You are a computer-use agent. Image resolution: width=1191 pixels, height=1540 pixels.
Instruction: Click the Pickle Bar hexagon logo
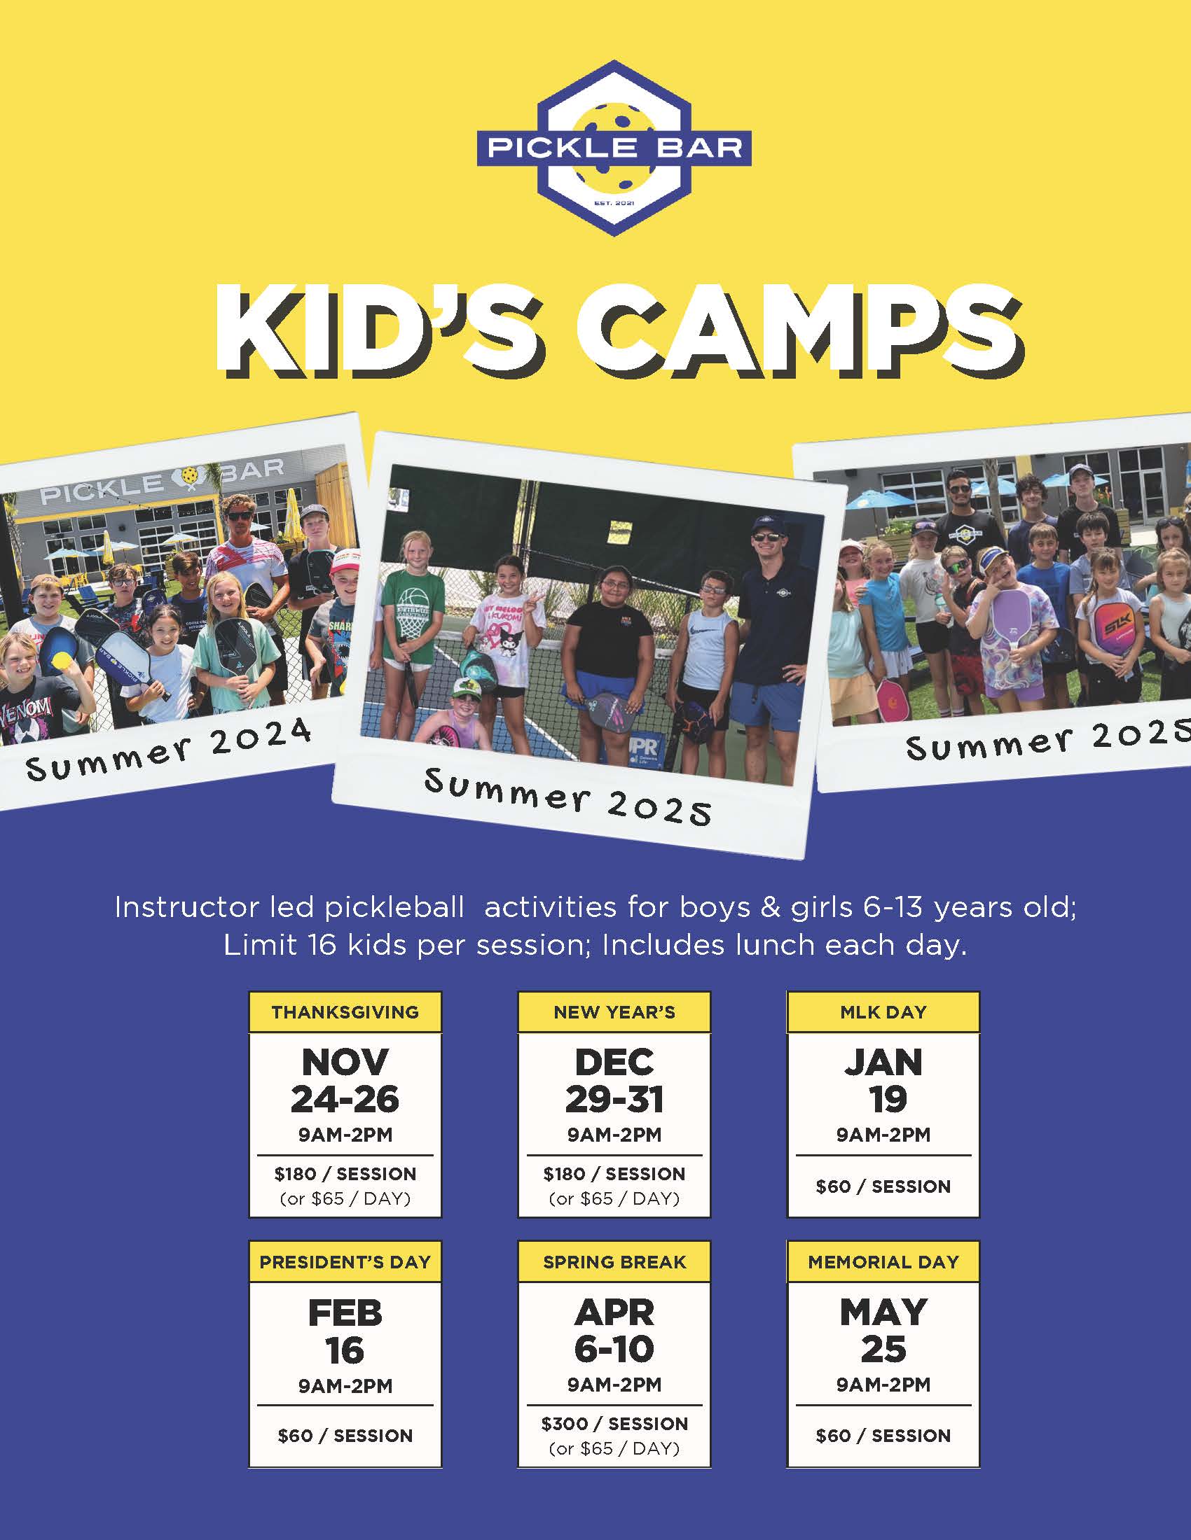click(x=614, y=148)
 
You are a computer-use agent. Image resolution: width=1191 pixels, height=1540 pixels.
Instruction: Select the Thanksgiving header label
click(x=345, y=1013)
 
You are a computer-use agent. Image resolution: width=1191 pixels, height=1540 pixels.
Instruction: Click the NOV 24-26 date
click(x=345, y=1080)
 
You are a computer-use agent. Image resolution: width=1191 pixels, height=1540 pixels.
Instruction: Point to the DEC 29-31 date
click(x=614, y=1080)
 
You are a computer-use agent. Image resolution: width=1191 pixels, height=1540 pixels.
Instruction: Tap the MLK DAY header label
click(x=883, y=1013)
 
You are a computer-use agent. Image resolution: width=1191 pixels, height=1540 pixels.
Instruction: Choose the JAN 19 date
click(x=883, y=1080)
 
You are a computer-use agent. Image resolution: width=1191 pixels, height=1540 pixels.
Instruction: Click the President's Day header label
click(x=345, y=1262)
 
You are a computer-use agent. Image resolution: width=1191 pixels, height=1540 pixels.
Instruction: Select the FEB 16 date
click(x=345, y=1331)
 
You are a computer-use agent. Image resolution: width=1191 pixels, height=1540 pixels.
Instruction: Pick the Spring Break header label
click(x=614, y=1262)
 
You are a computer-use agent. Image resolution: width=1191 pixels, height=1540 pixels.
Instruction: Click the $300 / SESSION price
click(x=614, y=1423)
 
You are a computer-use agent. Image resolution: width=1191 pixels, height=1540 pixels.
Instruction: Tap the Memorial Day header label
click(x=883, y=1262)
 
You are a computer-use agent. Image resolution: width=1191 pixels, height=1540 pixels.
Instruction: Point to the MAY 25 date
click(x=883, y=1330)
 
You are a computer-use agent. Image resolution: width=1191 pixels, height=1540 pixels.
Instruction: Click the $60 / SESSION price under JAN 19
click(x=883, y=1186)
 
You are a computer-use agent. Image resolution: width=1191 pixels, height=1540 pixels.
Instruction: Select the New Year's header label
click(x=614, y=1013)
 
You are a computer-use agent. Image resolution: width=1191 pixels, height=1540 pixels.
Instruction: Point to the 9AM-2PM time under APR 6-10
click(x=614, y=1385)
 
